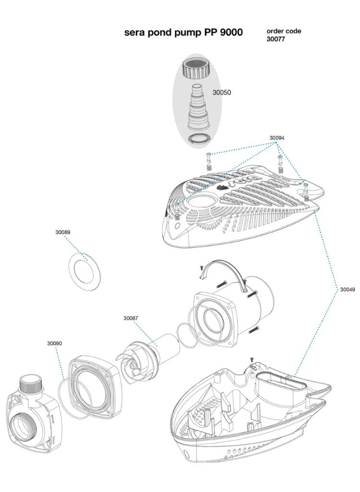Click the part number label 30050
(221, 92)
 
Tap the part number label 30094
(276, 138)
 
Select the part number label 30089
(62, 232)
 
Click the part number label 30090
(55, 344)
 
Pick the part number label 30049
(348, 290)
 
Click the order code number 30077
(276, 39)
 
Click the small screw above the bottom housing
(251, 359)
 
